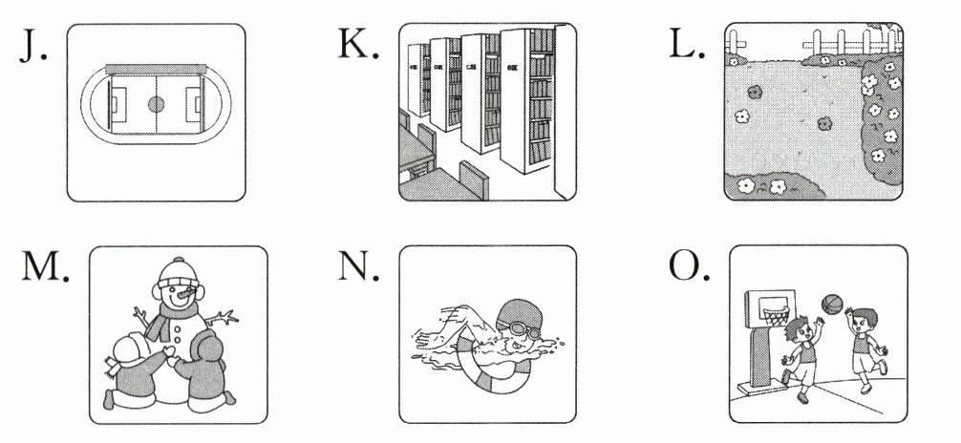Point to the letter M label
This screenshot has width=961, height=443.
[42, 271]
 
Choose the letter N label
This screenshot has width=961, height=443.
[359, 271]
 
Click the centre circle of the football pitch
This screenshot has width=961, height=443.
[156, 103]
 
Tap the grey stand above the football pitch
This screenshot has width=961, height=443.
[156, 69]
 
